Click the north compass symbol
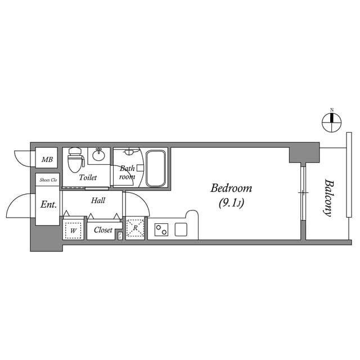tap(331, 119)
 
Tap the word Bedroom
tap(231, 188)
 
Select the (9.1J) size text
tap(231, 203)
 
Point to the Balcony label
tap(327, 197)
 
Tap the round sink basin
tap(99, 155)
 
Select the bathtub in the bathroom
tap(156, 168)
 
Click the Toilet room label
tap(88, 177)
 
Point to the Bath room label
tap(127, 172)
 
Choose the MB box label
tap(47, 160)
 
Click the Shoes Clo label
tap(48, 180)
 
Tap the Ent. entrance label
tap(48, 205)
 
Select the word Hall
tap(98, 200)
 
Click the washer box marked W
tap(73, 229)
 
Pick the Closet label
tap(103, 230)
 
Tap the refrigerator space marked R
tap(135, 228)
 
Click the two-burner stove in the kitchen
tap(161, 229)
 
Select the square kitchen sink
tap(181, 229)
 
